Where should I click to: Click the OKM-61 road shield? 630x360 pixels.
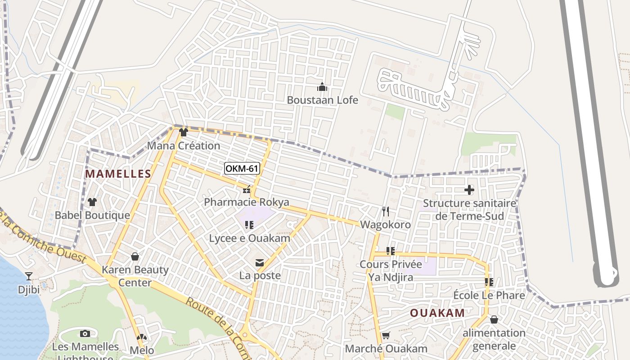click(x=242, y=169)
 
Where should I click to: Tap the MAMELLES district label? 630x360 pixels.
click(x=118, y=174)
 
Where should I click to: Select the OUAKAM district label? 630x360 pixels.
click(x=437, y=313)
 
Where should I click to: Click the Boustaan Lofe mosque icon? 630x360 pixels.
click(x=322, y=87)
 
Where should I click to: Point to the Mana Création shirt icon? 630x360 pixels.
click(x=183, y=132)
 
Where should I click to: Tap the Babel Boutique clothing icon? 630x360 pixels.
click(x=92, y=202)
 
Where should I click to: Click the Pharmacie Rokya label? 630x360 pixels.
click(x=247, y=202)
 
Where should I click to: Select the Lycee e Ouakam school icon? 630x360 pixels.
click(x=249, y=225)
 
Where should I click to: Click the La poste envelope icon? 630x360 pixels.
click(x=260, y=263)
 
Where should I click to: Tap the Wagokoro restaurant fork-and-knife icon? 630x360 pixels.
click(x=385, y=211)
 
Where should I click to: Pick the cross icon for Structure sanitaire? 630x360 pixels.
click(x=469, y=190)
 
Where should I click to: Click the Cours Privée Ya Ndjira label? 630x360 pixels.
click(x=391, y=270)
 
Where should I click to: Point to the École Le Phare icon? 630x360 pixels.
click(x=489, y=282)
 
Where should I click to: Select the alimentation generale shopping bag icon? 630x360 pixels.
click(x=494, y=319)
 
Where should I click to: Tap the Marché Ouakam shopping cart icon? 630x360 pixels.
click(x=386, y=336)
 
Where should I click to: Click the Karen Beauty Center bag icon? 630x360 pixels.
click(x=135, y=256)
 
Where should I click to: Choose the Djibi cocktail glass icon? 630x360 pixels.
click(x=29, y=276)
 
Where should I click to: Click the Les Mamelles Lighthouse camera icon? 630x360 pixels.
click(x=85, y=333)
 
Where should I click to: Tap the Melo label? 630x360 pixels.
click(x=142, y=350)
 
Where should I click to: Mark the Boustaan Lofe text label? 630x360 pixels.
click(x=322, y=100)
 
